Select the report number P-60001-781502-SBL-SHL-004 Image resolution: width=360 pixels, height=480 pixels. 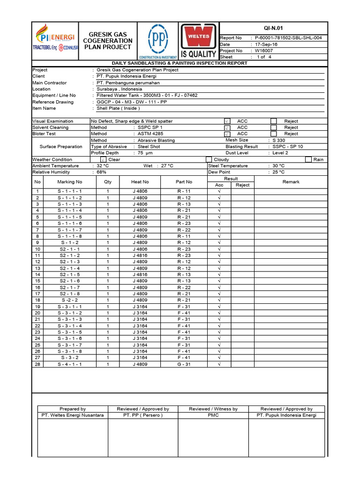(x=288, y=38)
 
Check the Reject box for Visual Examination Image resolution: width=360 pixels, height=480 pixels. (x=274, y=121)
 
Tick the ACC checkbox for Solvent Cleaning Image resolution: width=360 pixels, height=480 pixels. (x=227, y=127)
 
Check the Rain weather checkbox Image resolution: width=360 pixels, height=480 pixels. (x=308, y=159)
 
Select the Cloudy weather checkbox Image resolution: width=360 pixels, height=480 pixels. (x=209, y=159)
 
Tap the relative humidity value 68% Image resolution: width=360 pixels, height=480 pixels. (x=101, y=172)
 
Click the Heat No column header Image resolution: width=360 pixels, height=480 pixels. (x=140, y=182)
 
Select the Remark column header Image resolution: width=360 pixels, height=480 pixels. (x=291, y=182)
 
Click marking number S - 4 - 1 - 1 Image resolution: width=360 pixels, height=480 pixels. (x=70, y=364)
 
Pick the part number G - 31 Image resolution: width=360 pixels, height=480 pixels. (x=184, y=364)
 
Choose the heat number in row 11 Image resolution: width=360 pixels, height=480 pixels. (x=140, y=255)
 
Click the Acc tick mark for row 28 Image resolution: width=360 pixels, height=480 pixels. (x=219, y=364)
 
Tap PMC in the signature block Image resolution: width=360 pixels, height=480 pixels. (x=213, y=415)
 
